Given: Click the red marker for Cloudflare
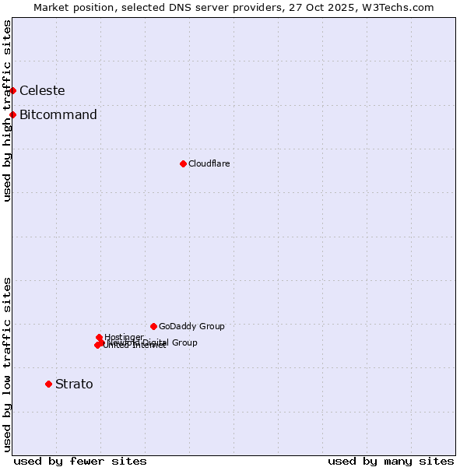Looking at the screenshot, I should [183, 163].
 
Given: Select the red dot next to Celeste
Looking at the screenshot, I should [12, 90].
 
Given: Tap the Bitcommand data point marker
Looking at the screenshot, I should [12, 115].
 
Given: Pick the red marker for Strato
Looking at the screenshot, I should [48, 384].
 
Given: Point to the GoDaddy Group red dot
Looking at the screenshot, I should [153, 326].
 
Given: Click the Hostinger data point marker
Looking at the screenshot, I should [99, 337].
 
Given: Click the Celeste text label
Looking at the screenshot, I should [42, 90].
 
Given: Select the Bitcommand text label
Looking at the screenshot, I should [58, 115].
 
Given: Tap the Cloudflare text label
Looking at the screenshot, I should [209, 163].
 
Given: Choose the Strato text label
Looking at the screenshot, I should [74, 384].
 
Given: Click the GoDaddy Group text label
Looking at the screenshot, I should [191, 326].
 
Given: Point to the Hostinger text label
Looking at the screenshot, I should [124, 337].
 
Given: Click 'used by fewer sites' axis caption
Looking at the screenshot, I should [80, 461].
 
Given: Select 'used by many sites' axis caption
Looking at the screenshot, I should [391, 461].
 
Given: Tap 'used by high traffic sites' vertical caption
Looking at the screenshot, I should [7, 111].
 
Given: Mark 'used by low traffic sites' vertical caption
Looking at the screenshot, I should [7, 364].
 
